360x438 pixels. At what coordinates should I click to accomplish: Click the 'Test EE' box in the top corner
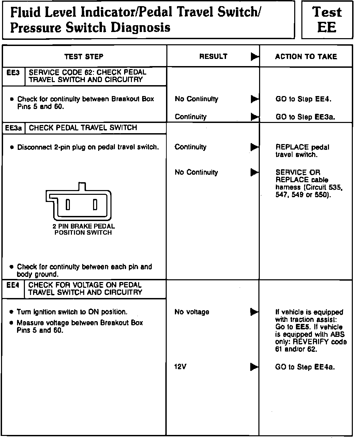327,19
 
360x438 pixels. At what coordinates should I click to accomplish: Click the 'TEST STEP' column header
84,57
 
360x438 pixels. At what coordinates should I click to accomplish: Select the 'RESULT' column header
213,57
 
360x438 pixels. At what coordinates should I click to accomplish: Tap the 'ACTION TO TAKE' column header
306,57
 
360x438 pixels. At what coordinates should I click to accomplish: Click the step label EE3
13,73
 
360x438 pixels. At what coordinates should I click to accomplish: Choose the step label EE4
13,285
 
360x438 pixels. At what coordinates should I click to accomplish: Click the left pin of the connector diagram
68,205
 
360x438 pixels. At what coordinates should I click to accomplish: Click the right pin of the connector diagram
95,205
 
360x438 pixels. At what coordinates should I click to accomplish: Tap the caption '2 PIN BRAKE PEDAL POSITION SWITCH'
84,229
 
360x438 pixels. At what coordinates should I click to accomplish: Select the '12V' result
181,367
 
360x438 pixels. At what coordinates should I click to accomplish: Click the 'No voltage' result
192,312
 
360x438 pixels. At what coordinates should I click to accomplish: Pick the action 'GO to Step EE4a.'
305,367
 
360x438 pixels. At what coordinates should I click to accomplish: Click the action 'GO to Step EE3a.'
305,117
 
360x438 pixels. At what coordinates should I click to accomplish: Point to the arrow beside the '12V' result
254,367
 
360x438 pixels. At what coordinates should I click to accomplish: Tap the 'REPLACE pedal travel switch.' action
302,151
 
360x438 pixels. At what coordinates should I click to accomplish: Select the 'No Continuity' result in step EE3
196,99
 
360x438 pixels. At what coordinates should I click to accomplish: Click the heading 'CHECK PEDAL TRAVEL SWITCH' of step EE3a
83,128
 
